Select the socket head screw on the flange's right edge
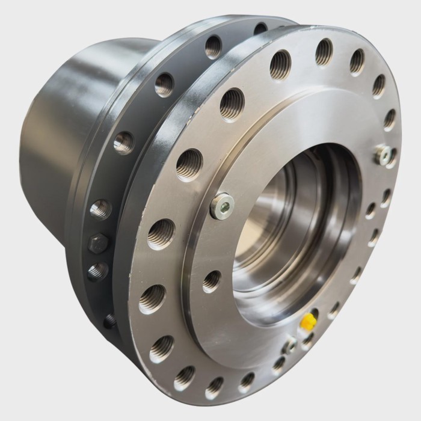(x=383, y=155)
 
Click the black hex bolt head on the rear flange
(x=97, y=244)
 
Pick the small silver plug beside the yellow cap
(x=291, y=344)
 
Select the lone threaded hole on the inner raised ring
(x=211, y=281)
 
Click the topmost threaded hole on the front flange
(x=324, y=52)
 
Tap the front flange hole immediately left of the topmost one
(x=280, y=65)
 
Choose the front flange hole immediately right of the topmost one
(x=357, y=61)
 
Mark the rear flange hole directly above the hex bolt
(x=100, y=210)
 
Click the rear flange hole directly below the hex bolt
(x=97, y=271)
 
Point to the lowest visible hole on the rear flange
(x=109, y=321)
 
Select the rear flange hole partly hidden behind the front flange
(x=260, y=28)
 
